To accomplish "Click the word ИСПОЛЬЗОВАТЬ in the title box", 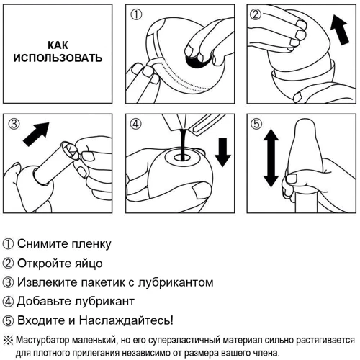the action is point(58,58).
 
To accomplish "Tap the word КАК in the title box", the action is point(58,45).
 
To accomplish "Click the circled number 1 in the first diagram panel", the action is point(136,14).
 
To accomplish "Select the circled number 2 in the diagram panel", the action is point(256,14).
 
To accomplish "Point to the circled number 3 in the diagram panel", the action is point(14,124).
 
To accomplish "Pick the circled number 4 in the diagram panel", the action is point(136,124).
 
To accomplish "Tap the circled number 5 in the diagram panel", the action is point(256,124).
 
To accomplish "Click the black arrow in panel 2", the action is point(339,30).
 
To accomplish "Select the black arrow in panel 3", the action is point(36,134).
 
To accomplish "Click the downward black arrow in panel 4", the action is point(222,152).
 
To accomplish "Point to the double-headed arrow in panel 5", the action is point(271,158).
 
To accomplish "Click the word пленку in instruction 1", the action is point(91,244).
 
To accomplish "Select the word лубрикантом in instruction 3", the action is point(176,282).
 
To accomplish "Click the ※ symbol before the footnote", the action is point(9,341).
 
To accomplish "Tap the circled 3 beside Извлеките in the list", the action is point(8,282).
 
